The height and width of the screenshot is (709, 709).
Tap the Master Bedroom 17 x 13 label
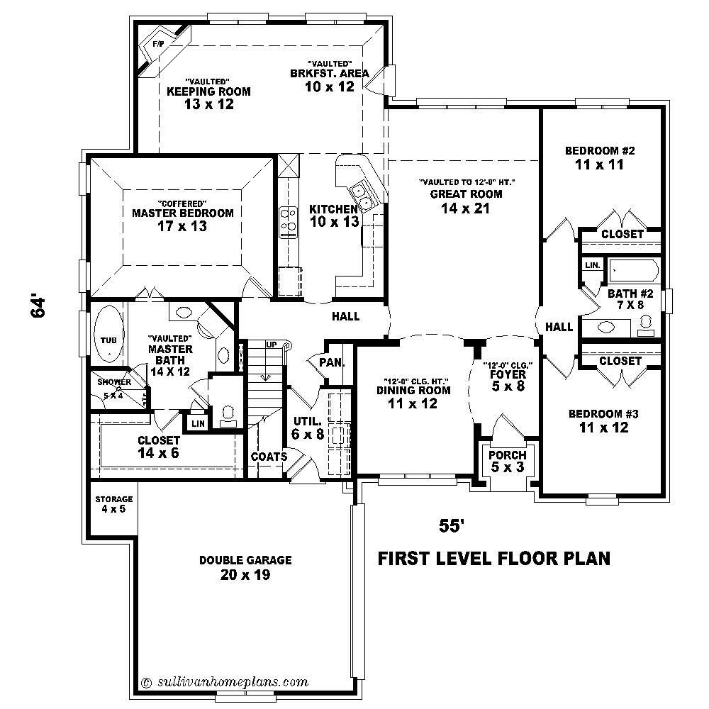point(182,220)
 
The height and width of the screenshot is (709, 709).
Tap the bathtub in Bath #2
point(634,271)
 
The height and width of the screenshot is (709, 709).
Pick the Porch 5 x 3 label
point(508,461)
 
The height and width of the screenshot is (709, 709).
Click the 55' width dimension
point(452,525)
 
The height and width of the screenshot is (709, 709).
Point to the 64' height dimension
point(39,306)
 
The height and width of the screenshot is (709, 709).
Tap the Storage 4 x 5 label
point(113,504)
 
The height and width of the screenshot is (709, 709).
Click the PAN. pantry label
point(330,362)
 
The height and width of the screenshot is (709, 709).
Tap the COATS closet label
point(269,457)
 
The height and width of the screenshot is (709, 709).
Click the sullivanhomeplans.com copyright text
point(225,682)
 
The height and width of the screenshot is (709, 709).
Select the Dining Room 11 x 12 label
point(413,397)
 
